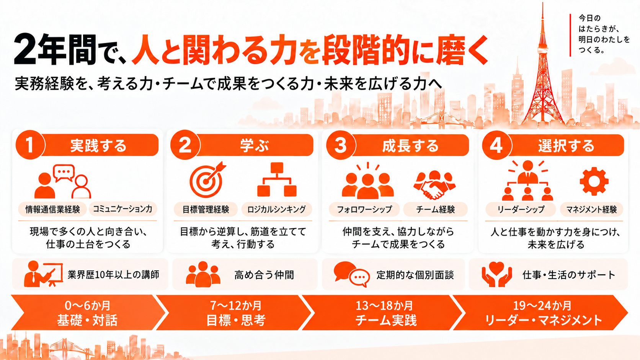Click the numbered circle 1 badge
pos(30,145)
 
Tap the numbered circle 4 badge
pos(496,145)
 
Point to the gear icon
pos(594,182)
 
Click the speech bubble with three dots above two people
pos(64,173)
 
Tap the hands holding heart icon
pos(496,274)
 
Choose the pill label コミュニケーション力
pos(123,209)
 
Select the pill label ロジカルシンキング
pos(277,210)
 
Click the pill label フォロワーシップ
pos(364,210)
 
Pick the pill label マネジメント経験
pos(591,210)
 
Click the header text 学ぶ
pos(255,146)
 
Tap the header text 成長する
pos(411,146)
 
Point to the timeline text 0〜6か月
pos(87,306)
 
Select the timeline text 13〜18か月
pos(385,306)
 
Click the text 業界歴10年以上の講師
pos(113,275)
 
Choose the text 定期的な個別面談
pos(415,275)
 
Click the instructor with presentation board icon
pos(43,274)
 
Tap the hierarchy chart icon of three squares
pos(277,179)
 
